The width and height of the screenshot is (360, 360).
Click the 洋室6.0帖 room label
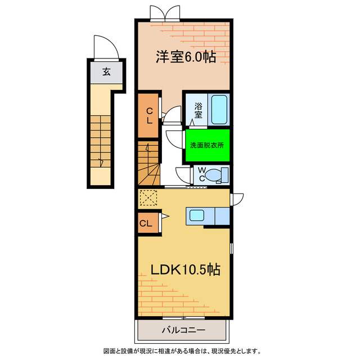185,57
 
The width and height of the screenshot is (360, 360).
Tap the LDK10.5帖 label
185,269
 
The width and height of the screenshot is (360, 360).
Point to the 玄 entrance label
106,71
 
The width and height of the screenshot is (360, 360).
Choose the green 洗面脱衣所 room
207,145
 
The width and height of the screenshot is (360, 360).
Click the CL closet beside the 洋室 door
149,115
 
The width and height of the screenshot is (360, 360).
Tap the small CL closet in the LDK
146,223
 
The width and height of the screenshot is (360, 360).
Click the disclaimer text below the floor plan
179,352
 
